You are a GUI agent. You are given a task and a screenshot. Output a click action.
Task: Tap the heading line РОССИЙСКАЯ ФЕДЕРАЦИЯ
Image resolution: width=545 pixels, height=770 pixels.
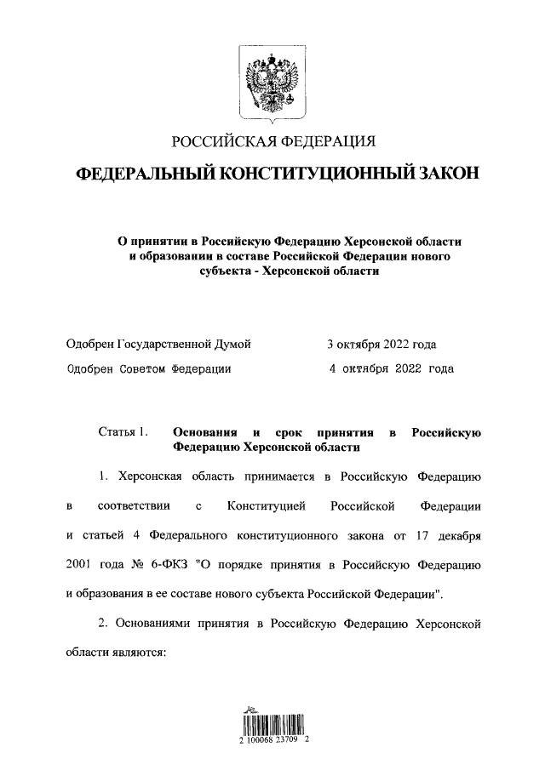[272, 141]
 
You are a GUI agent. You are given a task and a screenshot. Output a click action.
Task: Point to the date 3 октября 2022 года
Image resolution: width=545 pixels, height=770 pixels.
[381, 345]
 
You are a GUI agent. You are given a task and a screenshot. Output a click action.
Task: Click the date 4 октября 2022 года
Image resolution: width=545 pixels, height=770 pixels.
[391, 369]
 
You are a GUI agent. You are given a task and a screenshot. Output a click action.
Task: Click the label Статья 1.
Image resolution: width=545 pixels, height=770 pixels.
[123, 432]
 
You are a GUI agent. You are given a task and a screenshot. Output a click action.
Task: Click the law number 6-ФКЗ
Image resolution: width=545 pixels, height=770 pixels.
[180, 565]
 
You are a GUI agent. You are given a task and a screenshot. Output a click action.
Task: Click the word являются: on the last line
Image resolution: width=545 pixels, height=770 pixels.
[142, 651]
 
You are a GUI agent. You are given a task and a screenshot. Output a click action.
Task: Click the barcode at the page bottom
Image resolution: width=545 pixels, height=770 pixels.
[272, 725]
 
